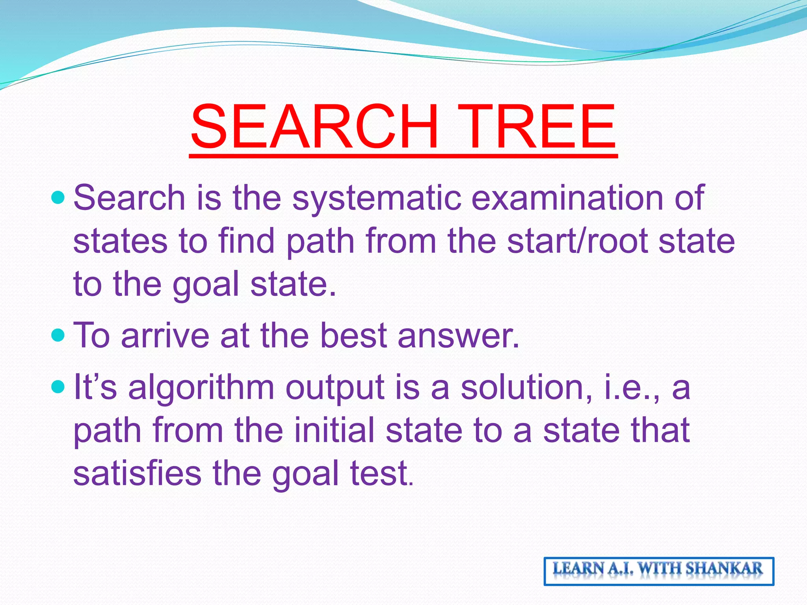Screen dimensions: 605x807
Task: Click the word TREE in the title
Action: (x=538, y=127)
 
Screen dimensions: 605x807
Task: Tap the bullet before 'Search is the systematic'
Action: (x=58, y=197)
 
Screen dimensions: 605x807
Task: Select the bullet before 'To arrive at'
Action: (x=58, y=335)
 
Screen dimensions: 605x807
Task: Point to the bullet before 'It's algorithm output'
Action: (x=58, y=387)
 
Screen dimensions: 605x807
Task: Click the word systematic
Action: (x=376, y=198)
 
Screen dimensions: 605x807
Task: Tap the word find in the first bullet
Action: (x=246, y=241)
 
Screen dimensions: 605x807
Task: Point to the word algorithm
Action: (x=201, y=388)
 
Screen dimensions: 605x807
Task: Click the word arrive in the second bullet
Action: (x=165, y=336)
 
